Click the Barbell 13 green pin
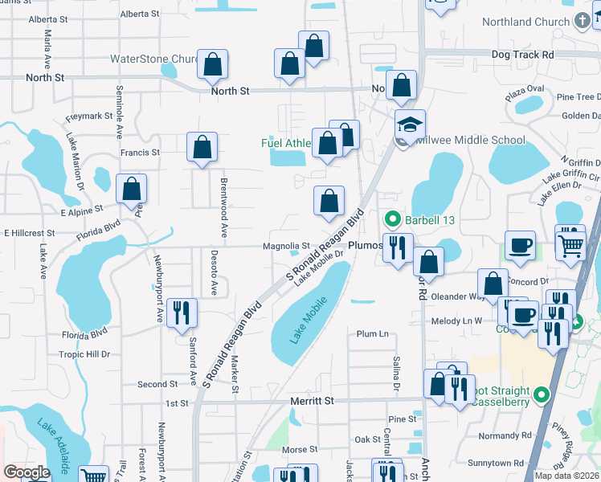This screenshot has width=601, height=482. click(392, 218)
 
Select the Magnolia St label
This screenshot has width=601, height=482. click(285, 246)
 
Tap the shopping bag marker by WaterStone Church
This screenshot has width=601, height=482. click(212, 65)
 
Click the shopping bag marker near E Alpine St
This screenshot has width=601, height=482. click(132, 189)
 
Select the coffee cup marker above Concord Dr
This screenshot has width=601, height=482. click(520, 246)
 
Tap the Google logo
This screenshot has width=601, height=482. click(27, 472)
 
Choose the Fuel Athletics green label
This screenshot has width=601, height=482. click(286, 143)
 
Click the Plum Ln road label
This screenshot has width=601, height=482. click(372, 333)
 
